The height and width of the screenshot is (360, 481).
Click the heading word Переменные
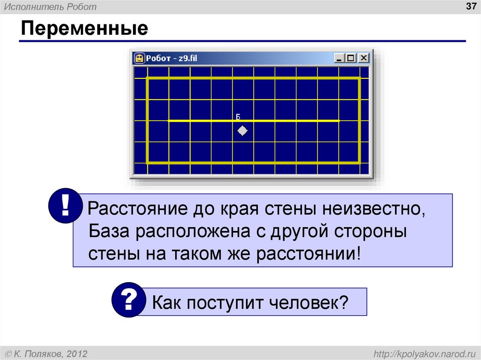pyautogui.click(x=84, y=29)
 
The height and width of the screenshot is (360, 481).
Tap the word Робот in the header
pyautogui.click(x=83, y=7)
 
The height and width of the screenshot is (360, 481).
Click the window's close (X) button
pyautogui.click(x=364, y=58)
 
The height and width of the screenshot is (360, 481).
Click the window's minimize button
pyautogui.click(x=340, y=58)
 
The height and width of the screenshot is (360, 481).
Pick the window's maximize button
pyautogui.click(x=351, y=58)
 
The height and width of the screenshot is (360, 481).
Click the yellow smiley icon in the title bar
pyautogui.click(x=139, y=58)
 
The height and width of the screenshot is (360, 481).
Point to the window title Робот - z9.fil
pyautogui.click(x=172, y=58)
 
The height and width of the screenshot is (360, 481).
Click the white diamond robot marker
pyautogui.click(x=242, y=131)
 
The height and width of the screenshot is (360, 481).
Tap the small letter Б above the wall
pyautogui.click(x=238, y=116)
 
